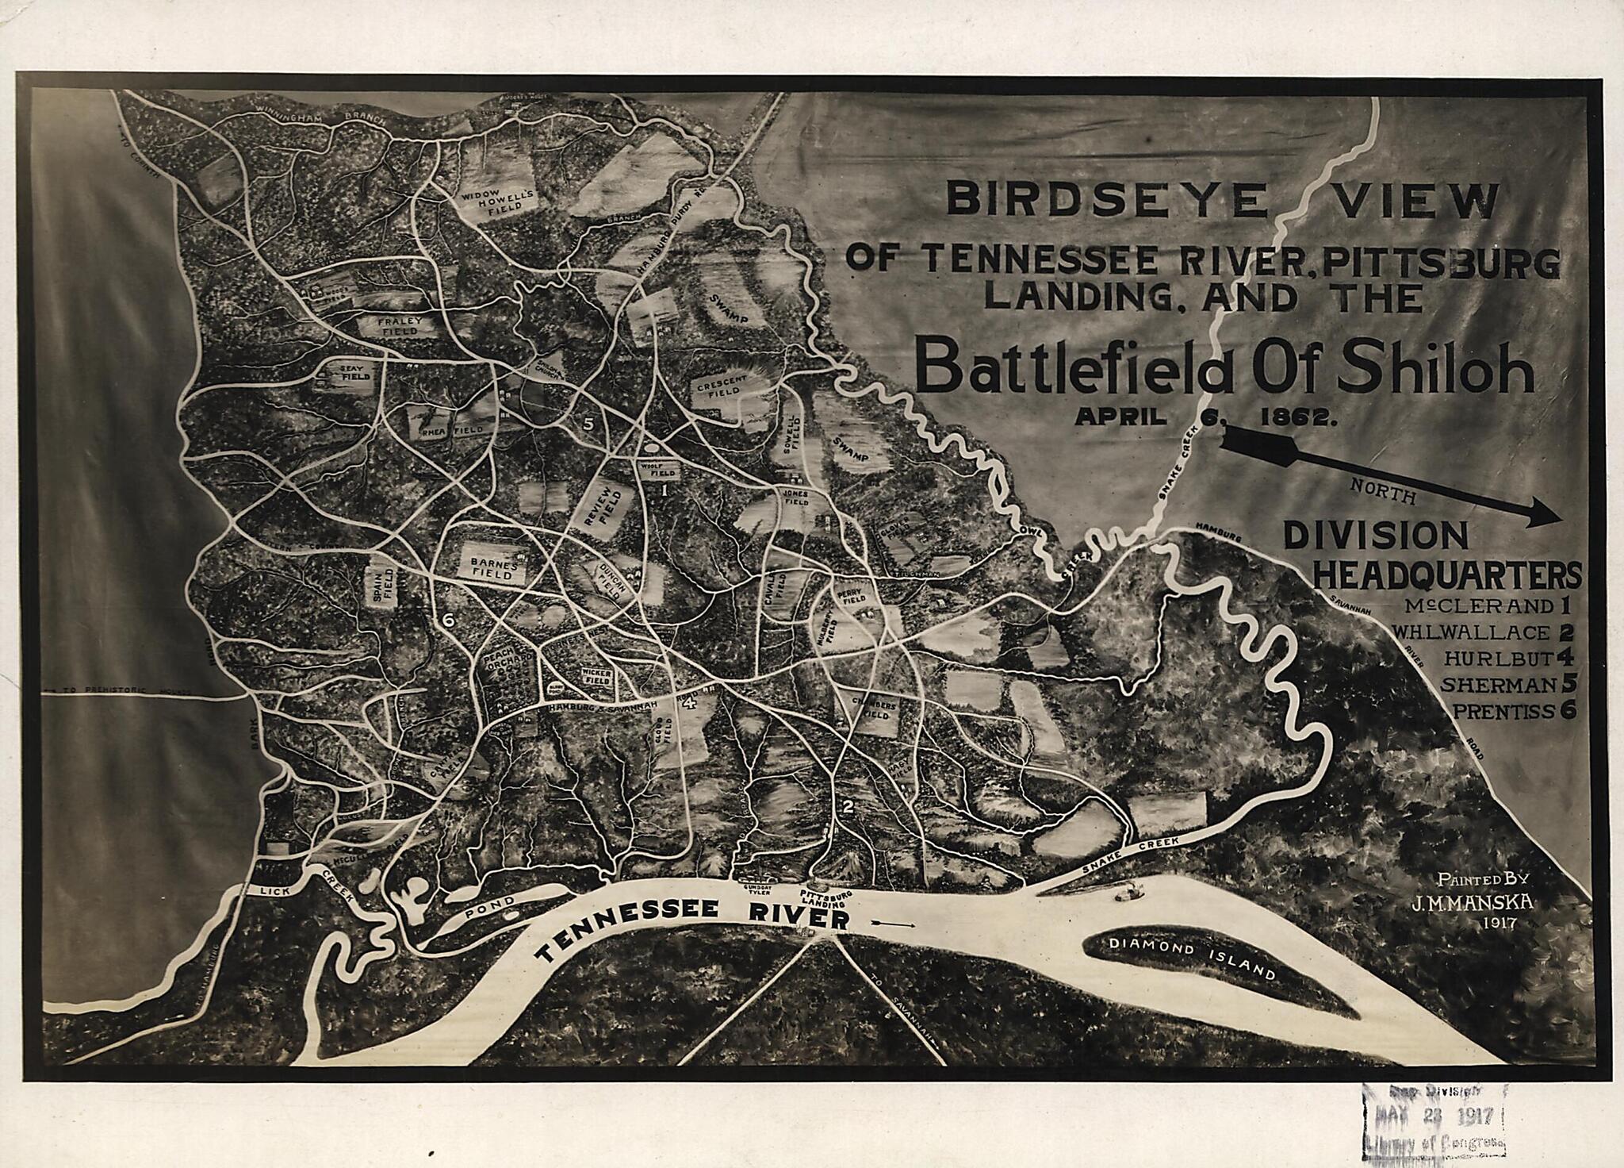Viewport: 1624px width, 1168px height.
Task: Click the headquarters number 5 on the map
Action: click(x=588, y=423)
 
